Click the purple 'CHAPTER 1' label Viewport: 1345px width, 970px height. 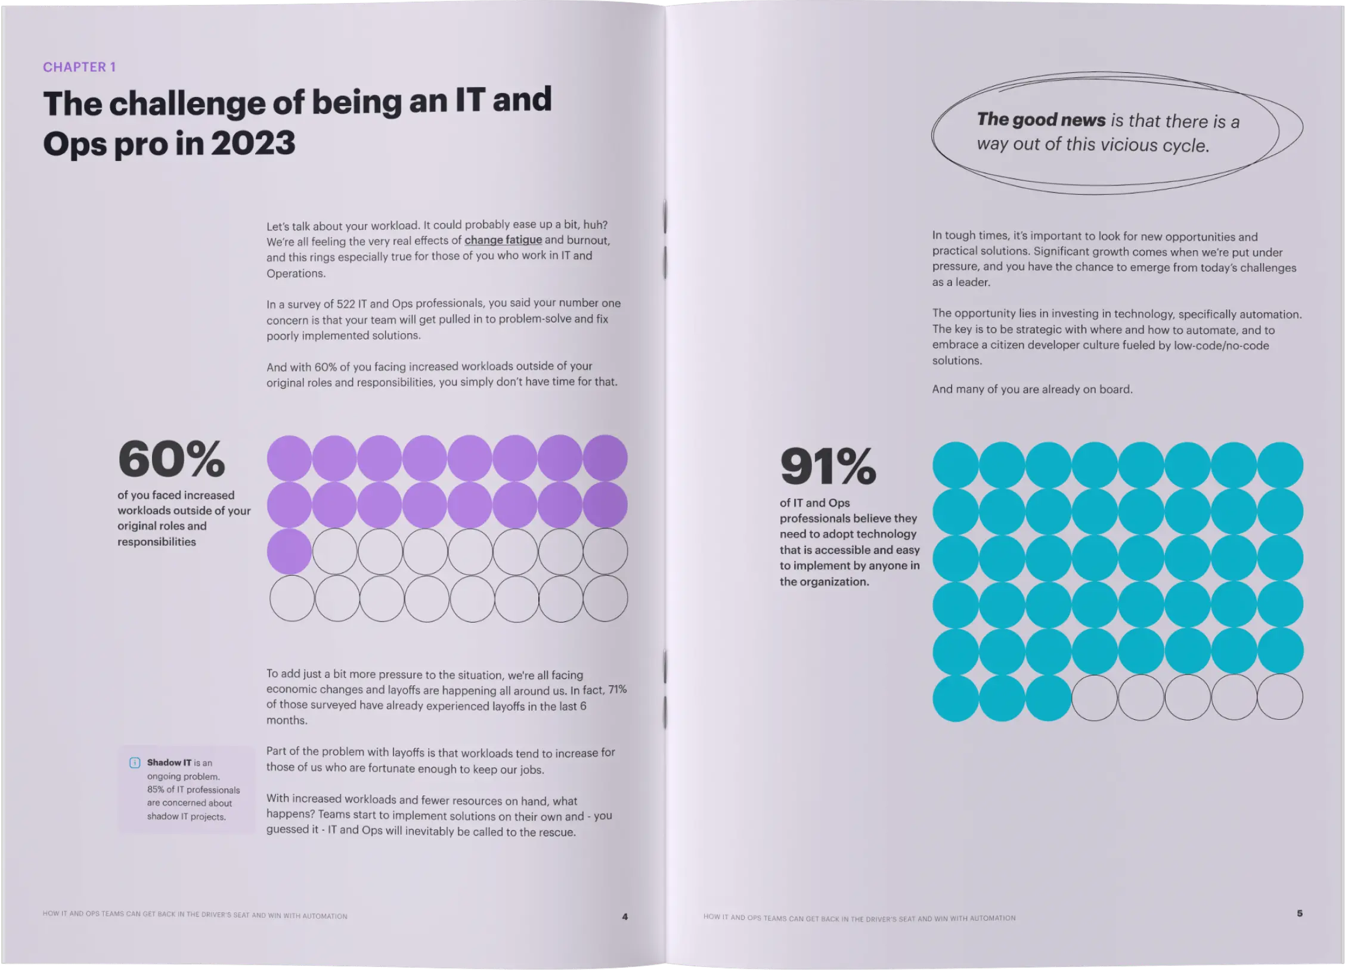[79, 67]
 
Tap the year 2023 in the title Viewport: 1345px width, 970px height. [253, 144]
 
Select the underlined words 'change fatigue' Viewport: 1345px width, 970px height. [503, 240]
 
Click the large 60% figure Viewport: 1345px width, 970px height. [172, 459]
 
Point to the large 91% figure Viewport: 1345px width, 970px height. [828, 467]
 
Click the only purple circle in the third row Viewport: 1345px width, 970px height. [289, 551]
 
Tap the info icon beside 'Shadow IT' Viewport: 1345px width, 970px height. [135, 763]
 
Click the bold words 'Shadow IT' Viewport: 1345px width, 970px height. [169, 763]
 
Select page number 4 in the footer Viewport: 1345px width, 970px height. [625, 916]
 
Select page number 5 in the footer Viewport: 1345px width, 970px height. [1300, 913]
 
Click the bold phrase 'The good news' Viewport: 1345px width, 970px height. [1041, 120]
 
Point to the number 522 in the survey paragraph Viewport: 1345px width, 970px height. [346, 304]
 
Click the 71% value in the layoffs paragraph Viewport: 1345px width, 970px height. [617, 689]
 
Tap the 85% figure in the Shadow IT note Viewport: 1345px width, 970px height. [155, 789]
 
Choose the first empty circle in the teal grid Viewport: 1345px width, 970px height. [1095, 698]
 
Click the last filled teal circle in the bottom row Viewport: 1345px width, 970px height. [1048, 698]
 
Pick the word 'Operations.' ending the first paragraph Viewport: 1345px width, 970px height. [296, 273]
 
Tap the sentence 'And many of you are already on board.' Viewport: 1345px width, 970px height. [1032, 389]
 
